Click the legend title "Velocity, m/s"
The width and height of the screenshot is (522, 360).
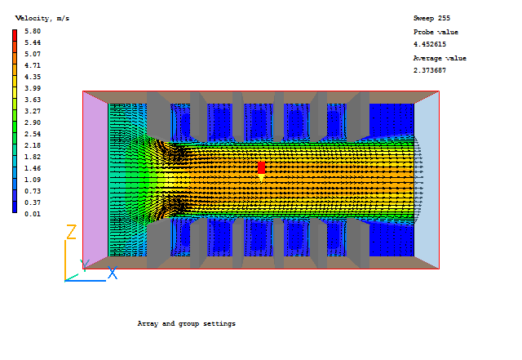(x=42, y=18)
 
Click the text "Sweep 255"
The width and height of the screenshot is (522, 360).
(x=431, y=18)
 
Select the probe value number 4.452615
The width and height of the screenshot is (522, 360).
(x=430, y=44)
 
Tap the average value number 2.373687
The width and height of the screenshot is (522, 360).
(x=430, y=70)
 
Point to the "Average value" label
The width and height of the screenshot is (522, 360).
(x=440, y=58)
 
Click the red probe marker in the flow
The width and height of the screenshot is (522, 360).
(x=261, y=167)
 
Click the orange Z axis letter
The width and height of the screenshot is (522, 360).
(x=71, y=233)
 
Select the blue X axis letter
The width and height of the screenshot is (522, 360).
(x=113, y=273)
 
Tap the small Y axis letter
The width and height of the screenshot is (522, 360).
(x=83, y=264)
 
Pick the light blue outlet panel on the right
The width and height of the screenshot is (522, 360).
(x=427, y=180)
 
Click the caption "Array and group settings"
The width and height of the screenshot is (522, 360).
(x=186, y=324)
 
